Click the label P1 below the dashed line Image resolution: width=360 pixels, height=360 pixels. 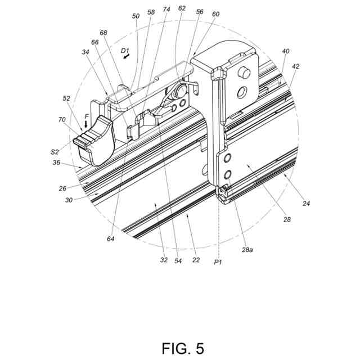(x=218, y=262)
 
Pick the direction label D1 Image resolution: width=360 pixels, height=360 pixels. (x=125, y=51)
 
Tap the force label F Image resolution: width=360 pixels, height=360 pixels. (x=87, y=118)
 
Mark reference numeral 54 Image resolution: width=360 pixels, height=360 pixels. (x=178, y=262)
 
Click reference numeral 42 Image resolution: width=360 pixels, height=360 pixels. (x=296, y=66)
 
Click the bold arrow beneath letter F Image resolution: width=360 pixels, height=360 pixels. (x=87, y=125)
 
